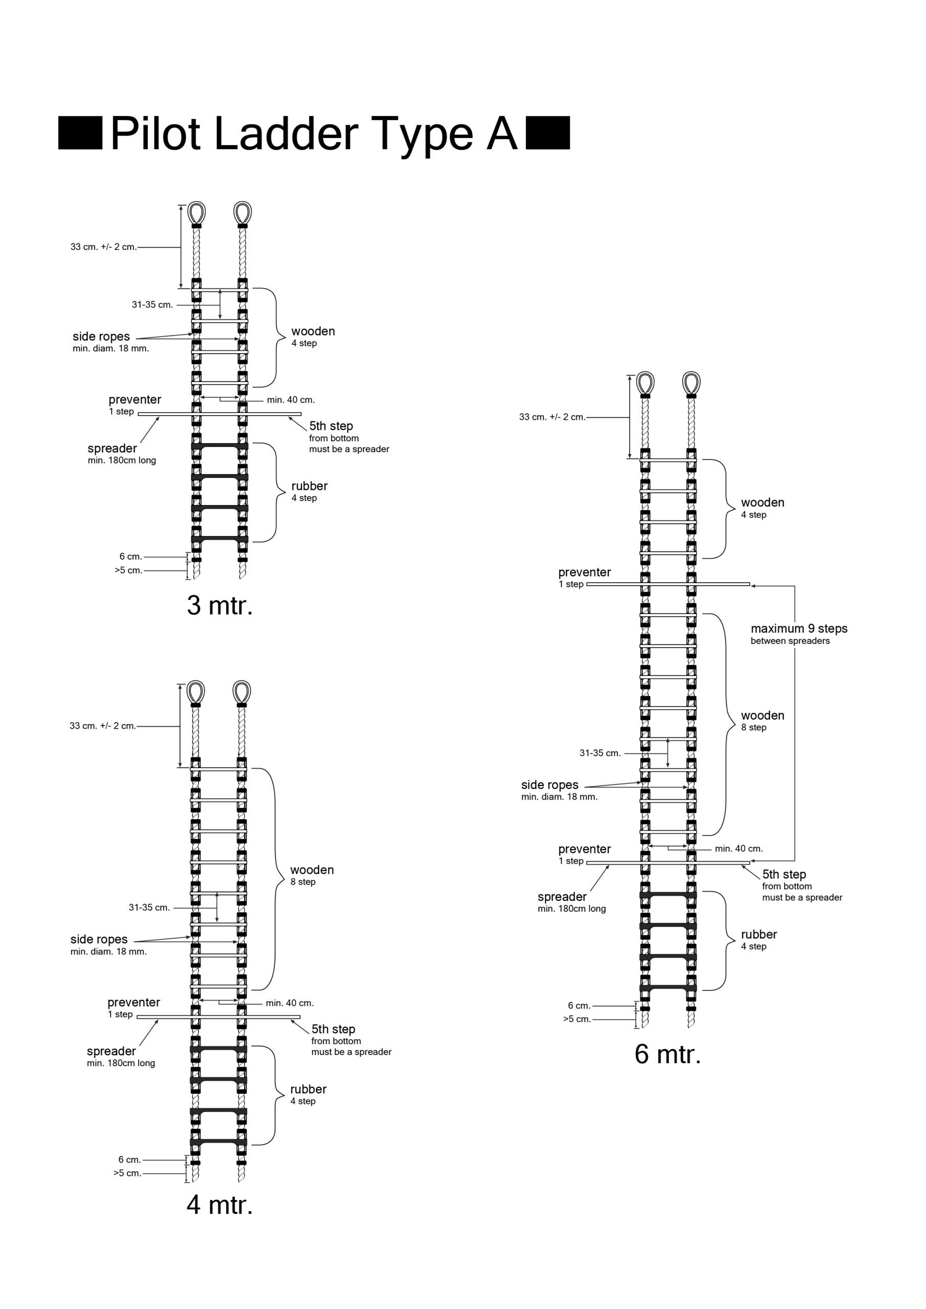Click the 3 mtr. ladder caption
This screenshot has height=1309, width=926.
219,605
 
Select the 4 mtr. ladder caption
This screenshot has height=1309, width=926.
219,1205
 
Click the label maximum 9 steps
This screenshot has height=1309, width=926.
799,629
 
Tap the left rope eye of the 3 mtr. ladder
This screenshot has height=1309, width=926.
196,213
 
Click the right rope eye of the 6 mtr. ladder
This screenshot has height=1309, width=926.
691,383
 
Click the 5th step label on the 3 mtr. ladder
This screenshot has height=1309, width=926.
331,426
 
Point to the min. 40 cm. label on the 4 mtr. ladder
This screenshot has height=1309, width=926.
290,1003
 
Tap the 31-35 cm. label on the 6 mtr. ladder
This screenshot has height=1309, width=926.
600,753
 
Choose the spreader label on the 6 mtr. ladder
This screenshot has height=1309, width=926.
562,897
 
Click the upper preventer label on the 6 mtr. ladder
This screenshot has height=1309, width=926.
584,572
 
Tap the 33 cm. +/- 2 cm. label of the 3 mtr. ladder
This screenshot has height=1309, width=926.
104,247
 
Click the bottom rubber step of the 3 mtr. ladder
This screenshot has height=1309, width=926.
219,539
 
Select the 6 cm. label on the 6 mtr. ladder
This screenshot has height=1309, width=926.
579,1006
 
